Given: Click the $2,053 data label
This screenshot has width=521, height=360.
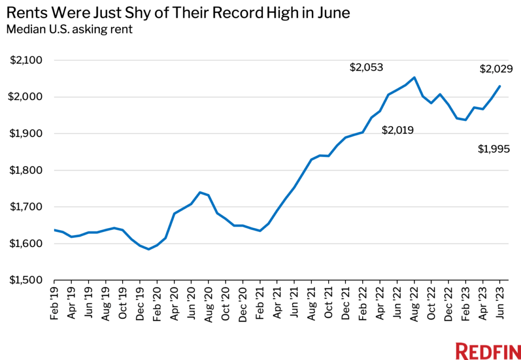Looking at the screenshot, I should (366, 68).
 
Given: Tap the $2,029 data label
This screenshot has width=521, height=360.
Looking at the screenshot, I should (496, 69).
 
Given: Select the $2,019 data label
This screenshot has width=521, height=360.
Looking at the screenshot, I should (397, 131).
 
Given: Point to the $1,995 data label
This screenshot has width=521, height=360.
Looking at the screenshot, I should (494, 149).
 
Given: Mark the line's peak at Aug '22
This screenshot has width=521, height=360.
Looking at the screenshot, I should (414, 78).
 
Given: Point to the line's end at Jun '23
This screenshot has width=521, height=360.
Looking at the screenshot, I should (500, 86).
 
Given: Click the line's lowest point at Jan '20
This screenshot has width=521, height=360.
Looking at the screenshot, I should (149, 249).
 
